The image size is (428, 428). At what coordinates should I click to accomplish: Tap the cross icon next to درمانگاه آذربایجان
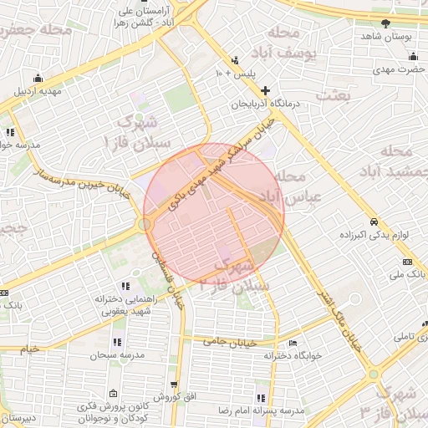[x=266, y=90]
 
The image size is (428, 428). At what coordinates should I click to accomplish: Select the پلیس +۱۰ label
[x=235, y=74]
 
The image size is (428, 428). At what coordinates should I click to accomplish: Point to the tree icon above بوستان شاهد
[x=385, y=23]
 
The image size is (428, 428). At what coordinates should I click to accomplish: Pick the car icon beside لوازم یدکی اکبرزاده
[x=374, y=222]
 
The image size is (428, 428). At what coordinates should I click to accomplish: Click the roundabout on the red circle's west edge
[x=145, y=224]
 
